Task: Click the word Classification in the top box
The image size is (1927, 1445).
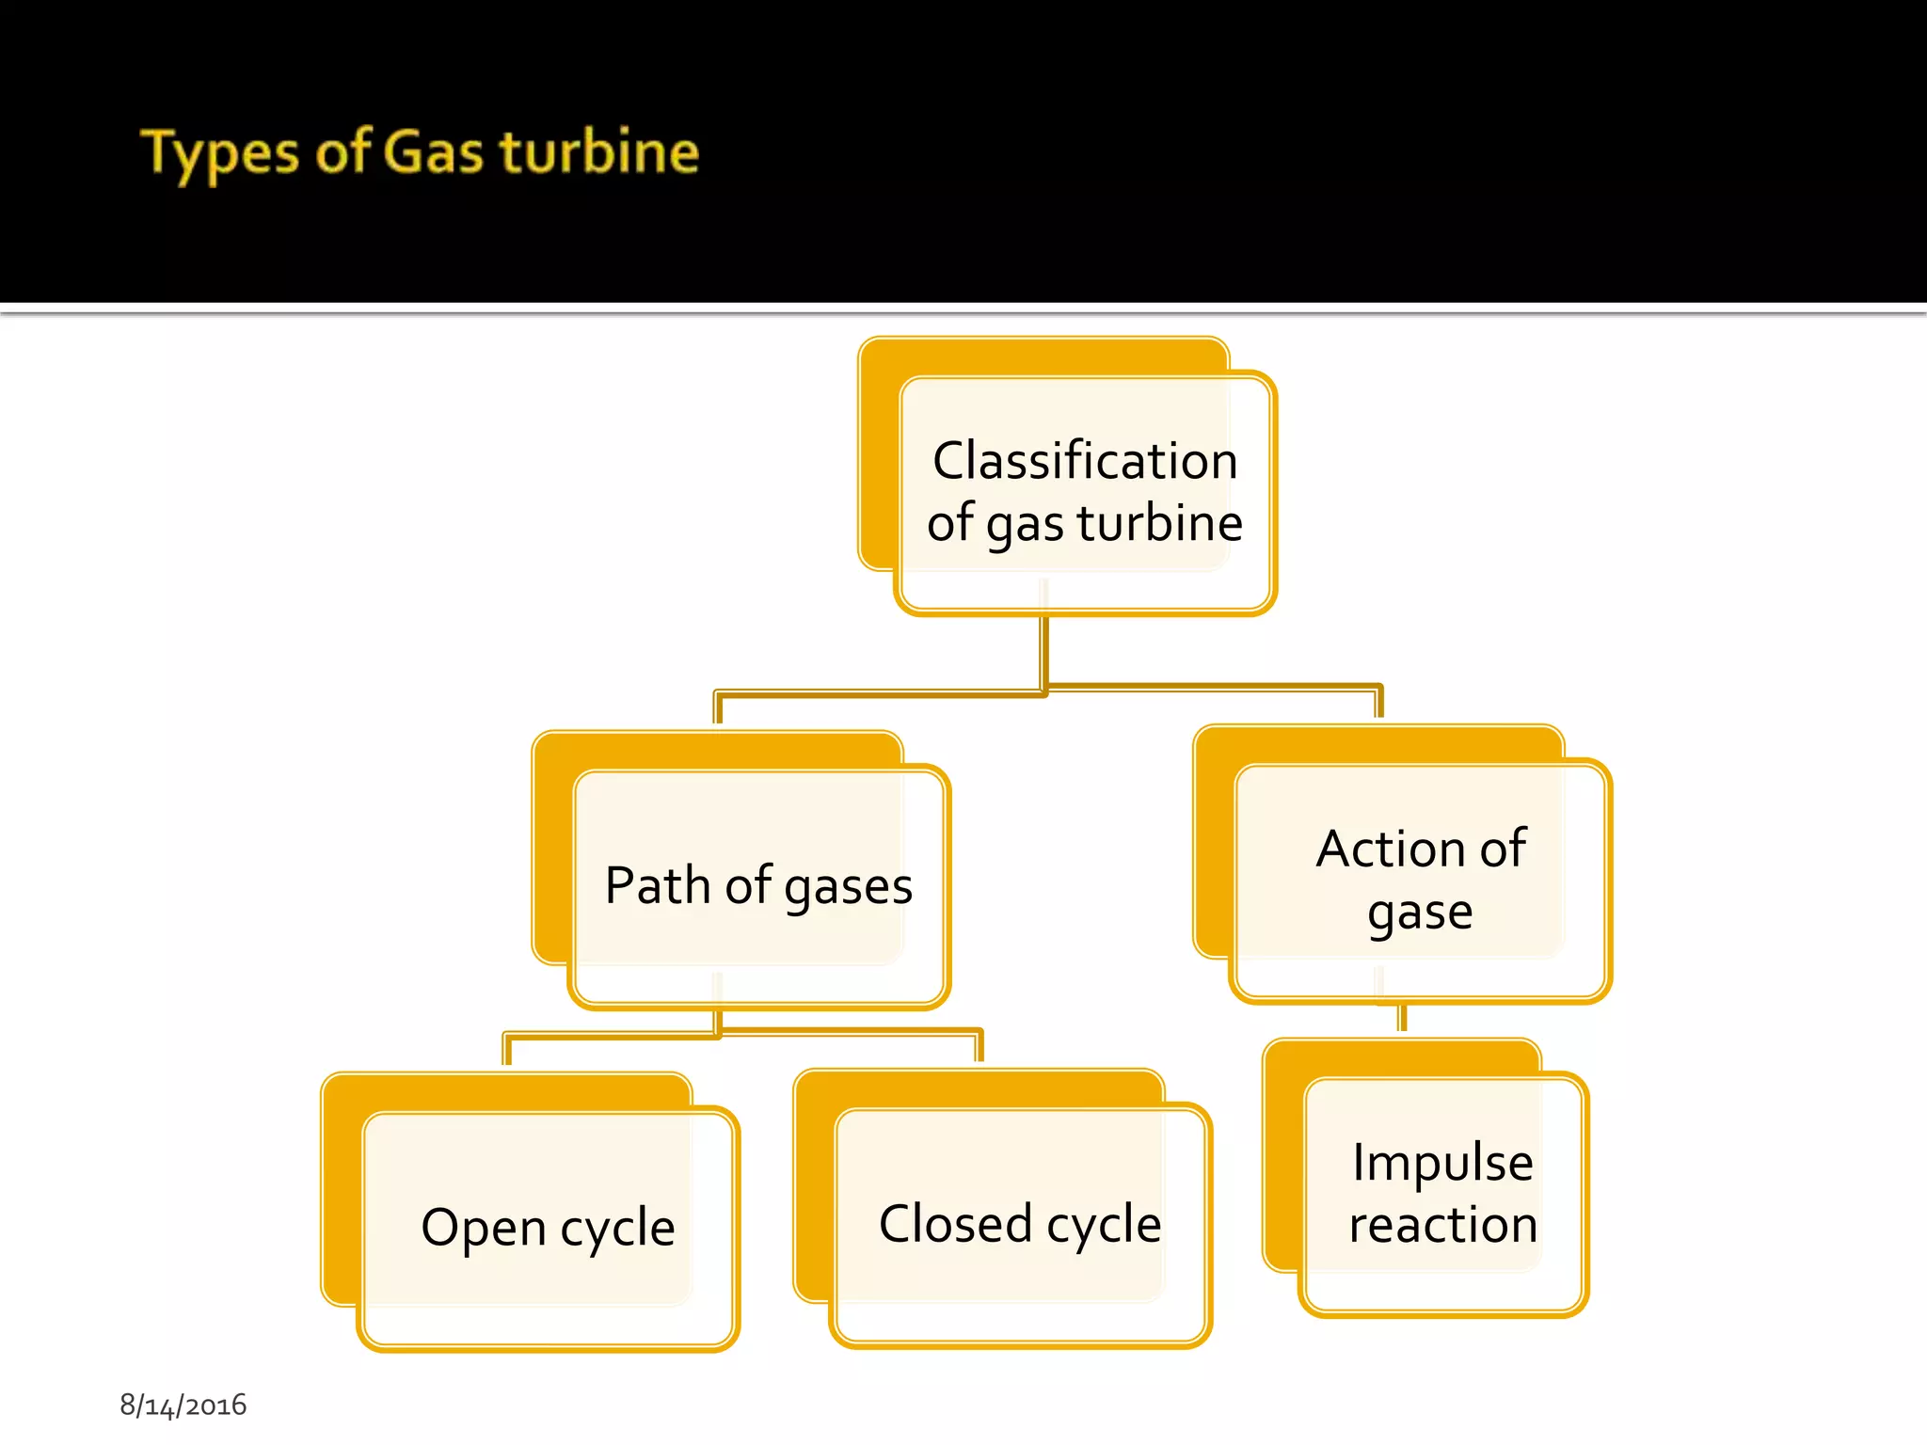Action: pos(1085,461)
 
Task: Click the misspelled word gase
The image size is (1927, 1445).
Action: pos(1420,912)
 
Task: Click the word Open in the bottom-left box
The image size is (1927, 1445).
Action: pos(483,1228)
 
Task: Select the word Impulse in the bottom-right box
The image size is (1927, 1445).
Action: pos(1442,1162)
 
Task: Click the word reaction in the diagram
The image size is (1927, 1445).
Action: pos(1442,1224)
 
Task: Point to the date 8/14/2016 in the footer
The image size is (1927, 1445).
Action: pos(183,1405)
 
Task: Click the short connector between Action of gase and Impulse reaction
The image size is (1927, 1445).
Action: pos(1402,1017)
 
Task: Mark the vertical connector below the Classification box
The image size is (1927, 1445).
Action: pos(1044,649)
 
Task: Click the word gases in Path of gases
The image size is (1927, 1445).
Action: pos(848,887)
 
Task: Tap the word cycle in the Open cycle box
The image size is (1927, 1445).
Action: pos(618,1229)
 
